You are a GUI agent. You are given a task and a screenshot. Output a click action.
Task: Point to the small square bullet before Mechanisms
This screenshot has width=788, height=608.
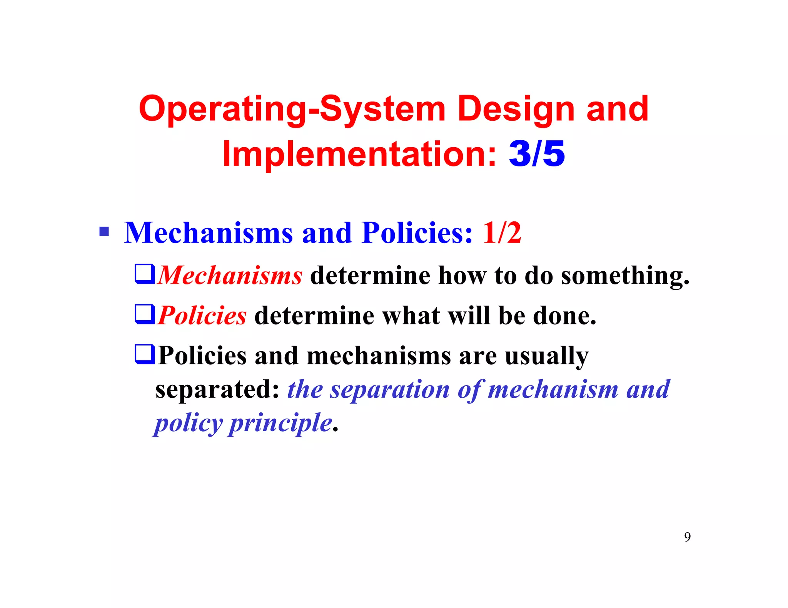click(104, 232)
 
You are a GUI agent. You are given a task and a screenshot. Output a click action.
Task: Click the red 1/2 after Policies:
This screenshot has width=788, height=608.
click(502, 233)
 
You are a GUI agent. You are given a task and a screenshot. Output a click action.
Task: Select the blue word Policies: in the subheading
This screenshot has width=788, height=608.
click(417, 233)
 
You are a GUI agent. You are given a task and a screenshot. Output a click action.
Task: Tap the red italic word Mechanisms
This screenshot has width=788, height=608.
click(230, 276)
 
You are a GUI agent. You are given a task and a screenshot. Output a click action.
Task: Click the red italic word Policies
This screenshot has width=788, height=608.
click(202, 316)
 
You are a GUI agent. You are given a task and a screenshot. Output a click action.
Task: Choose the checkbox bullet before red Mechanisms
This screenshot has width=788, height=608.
click(145, 274)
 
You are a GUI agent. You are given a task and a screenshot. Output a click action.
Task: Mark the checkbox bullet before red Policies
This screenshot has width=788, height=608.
click(145, 314)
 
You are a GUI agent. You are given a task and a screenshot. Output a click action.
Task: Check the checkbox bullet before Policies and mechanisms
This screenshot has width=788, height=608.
click(145, 354)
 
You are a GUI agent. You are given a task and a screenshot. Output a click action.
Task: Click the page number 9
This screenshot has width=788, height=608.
click(687, 537)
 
